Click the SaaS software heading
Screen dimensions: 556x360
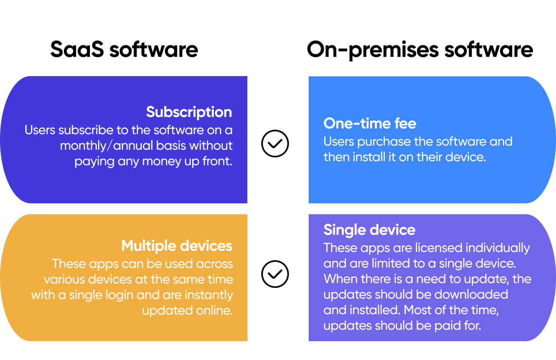click(x=124, y=49)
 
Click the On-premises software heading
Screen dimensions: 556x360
click(x=420, y=50)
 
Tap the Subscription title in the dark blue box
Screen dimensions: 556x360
click(x=189, y=112)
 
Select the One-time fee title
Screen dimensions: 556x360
click(x=370, y=123)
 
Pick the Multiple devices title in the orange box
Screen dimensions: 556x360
click(x=177, y=246)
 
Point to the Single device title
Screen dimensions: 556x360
click(x=369, y=230)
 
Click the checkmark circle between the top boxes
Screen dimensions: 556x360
click(x=275, y=143)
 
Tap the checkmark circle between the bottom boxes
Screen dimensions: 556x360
click(x=275, y=274)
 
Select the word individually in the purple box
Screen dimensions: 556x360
click(x=498, y=248)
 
